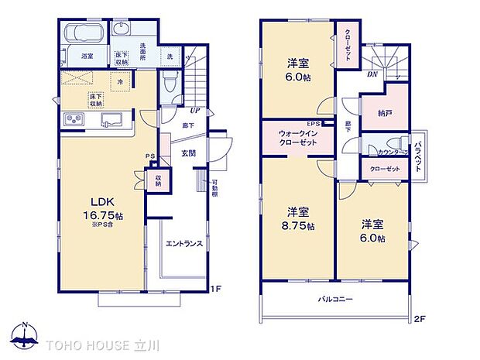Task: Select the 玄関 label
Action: [x=188, y=153]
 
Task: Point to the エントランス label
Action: [x=184, y=243]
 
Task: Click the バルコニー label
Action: [x=334, y=298]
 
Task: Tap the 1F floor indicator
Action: [x=218, y=290]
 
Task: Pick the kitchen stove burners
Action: [x=74, y=119]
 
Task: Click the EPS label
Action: [x=314, y=123]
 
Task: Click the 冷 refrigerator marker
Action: [x=119, y=81]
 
